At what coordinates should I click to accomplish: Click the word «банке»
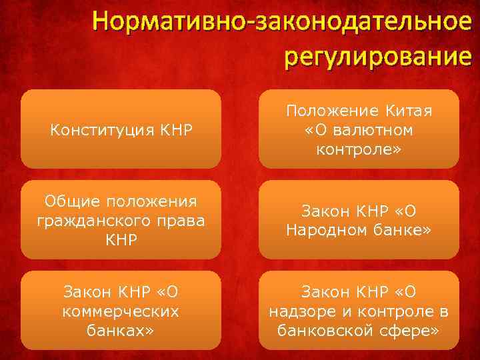(x=401, y=229)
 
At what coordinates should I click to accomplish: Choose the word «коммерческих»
(x=121, y=311)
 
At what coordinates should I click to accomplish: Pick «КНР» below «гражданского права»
(x=121, y=239)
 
